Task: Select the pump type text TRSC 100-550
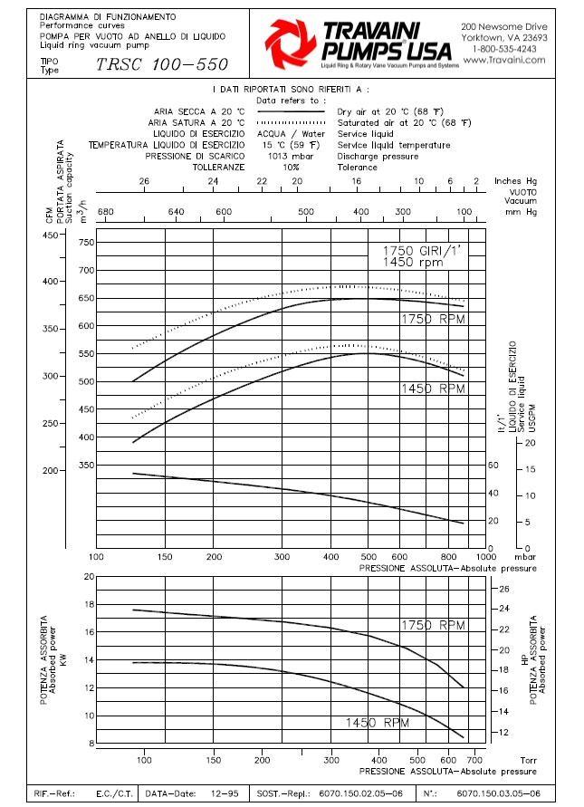tap(162, 65)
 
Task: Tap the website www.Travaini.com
tap(504, 61)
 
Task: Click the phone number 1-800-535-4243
tap(504, 49)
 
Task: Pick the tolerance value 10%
tap(290, 168)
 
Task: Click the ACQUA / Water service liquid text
tap(291, 133)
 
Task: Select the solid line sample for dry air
tap(290, 110)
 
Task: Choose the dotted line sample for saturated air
tap(290, 122)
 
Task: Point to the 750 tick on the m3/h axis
tap(86, 243)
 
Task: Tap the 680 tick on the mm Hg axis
tap(105, 212)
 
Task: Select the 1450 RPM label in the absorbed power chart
tap(377, 723)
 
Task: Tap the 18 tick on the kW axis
tap(89, 604)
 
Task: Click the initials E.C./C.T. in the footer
tap(114, 793)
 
